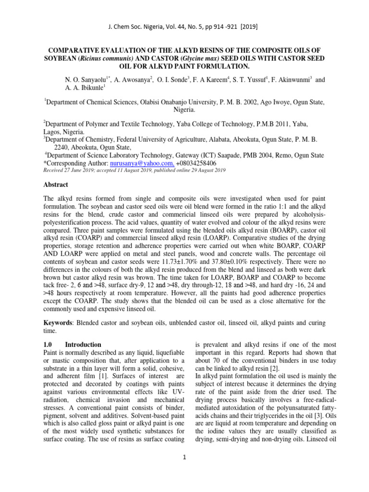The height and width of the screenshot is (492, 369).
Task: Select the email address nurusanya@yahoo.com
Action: click(135, 163)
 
